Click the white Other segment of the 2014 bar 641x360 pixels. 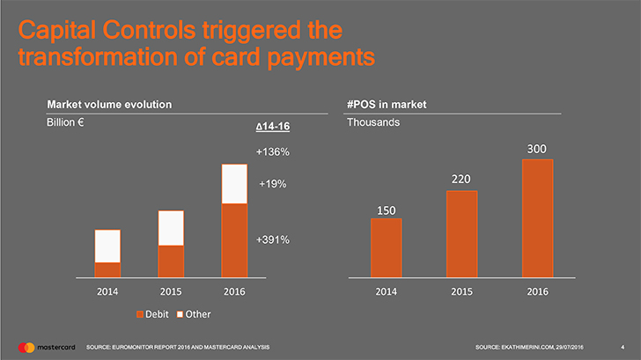(x=107, y=246)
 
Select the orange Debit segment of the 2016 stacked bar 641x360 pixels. (x=234, y=240)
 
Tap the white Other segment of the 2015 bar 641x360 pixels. (x=171, y=228)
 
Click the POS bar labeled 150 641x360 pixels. (x=387, y=248)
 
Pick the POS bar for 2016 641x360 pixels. (x=538, y=218)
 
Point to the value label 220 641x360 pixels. (x=461, y=179)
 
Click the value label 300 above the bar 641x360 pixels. (x=537, y=149)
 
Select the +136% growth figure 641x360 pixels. (x=273, y=152)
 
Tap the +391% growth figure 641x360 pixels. (x=273, y=239)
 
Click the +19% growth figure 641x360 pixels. (x=273, y=184)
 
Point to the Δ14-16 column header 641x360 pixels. (x=273, y=127)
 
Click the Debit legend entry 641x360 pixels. (x=152, y=314)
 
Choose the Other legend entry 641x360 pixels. (x=194, y=314)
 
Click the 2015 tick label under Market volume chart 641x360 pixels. (x=171, y=291)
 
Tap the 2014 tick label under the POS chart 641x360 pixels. (x=387, y=291)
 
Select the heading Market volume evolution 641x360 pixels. (x=109, y=105)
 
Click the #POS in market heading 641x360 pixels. (x=387, y=105)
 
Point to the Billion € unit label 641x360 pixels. (x=65, y=122)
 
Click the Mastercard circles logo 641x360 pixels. (x=26, y=348)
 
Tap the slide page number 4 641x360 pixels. (x=623, y=348)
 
